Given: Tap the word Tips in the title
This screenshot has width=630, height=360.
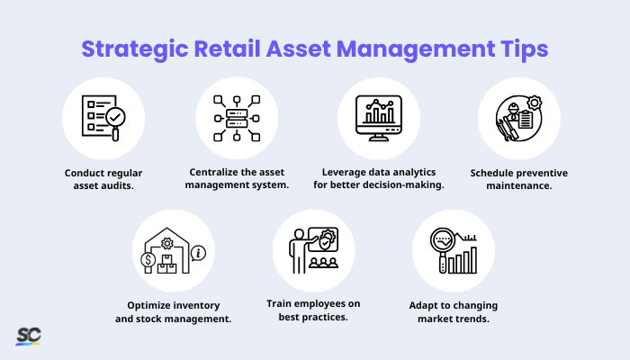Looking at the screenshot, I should coord(523,48).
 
